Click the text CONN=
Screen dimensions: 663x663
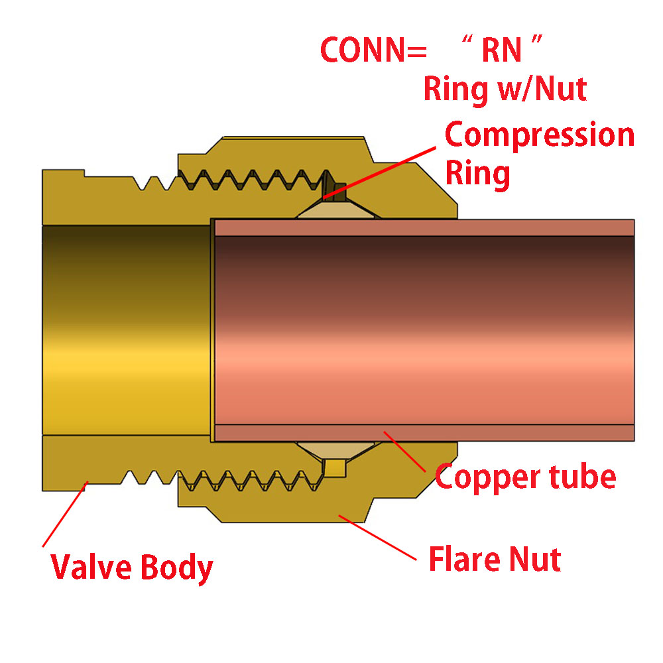click(365, 50)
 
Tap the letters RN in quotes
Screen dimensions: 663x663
click(501, 50)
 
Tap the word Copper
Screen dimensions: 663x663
click(485, 476)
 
